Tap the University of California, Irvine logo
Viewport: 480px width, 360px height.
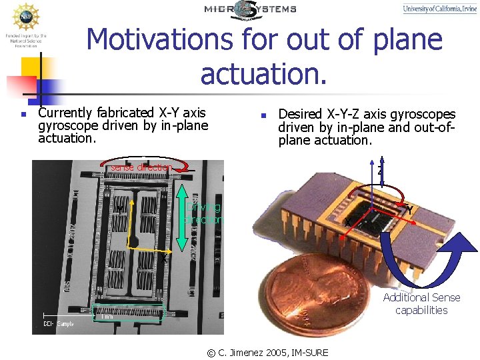(439, 9)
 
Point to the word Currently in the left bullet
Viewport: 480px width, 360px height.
(66, 113)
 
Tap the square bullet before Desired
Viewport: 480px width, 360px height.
(264, 115)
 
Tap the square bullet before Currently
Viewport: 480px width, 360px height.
(23, 114)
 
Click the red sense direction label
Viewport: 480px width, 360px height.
(141, 167)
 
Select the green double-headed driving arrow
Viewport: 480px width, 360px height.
(182, 211)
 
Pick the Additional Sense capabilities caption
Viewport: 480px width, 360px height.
(421, 304)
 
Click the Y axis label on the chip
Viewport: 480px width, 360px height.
(409, 210)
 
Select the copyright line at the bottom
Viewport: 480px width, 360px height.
(268, 352)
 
